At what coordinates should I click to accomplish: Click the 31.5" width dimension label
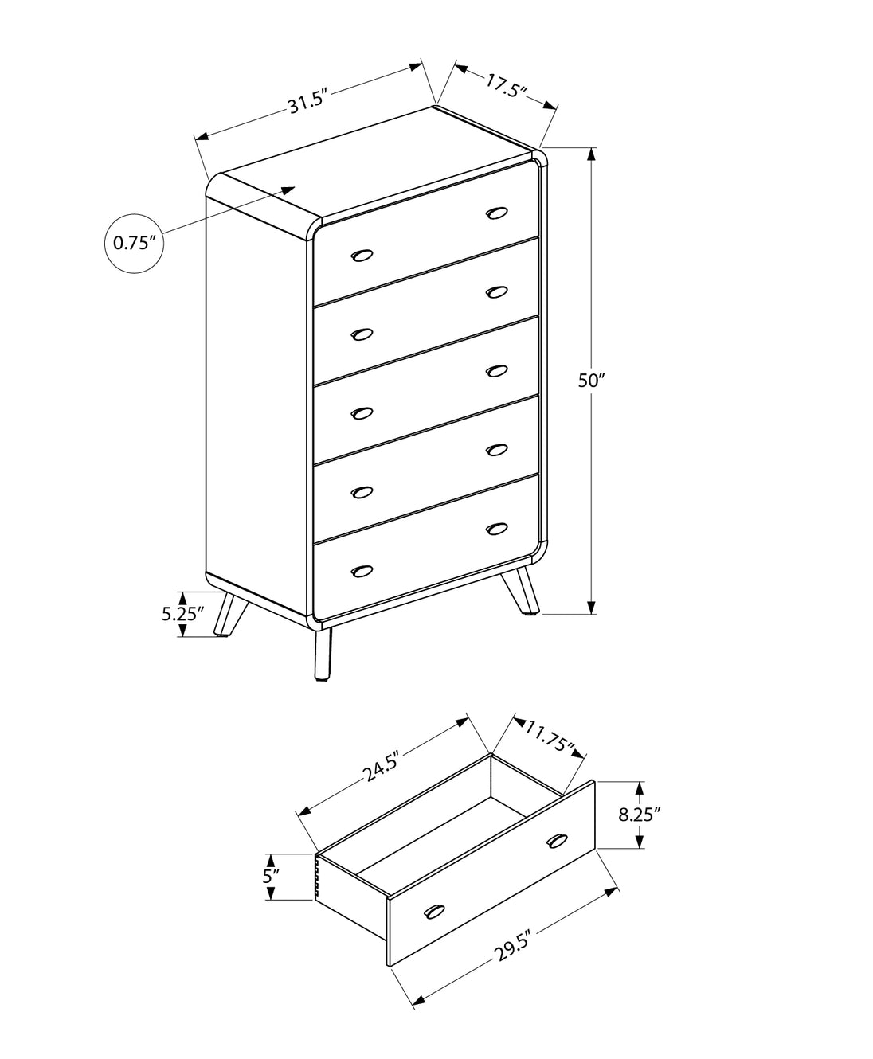(305, 105)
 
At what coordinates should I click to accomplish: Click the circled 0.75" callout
(134, 243)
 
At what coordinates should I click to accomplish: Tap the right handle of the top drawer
(496, 213)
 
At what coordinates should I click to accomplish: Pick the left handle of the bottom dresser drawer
(362, 571)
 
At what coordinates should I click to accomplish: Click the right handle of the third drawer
(496, 371)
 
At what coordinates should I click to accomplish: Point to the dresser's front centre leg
(323, 654)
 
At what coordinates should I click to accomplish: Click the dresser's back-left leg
(231, 614)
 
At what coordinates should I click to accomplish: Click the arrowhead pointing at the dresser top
(288, 190)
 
